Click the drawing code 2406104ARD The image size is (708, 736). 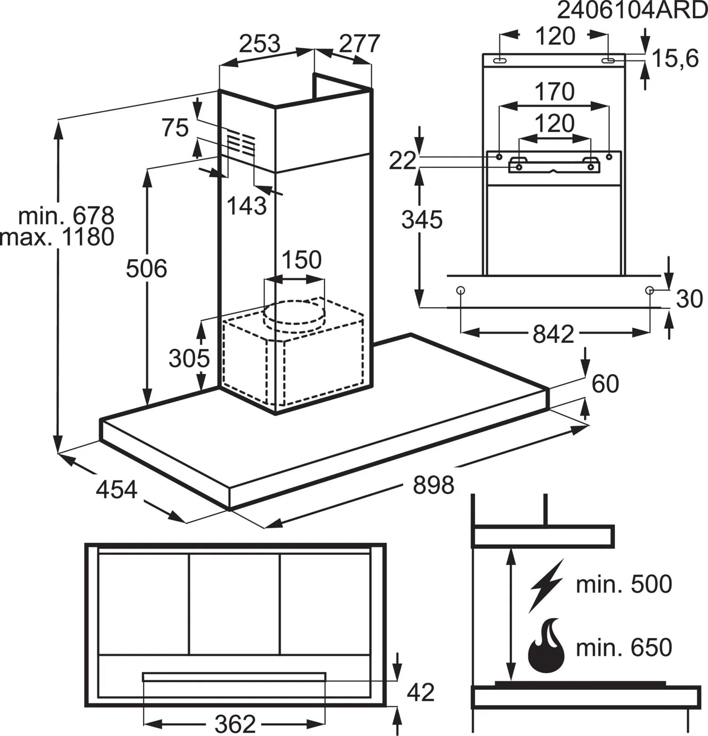click(632, 10)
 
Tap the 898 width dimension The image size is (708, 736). click(433, 485)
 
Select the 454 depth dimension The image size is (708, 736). click(117, 489)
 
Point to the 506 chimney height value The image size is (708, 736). click(146, 268)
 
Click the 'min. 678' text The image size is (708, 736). click(67, 216)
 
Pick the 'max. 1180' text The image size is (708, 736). click(58, 237)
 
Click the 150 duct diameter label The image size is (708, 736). click(301, 259)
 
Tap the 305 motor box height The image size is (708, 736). click(189, 359)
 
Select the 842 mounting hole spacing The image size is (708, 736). click(553, 334)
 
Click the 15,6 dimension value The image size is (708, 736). click(675, 59)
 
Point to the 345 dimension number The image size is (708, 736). click(422, 220)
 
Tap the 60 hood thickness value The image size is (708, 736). click(605, 384)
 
